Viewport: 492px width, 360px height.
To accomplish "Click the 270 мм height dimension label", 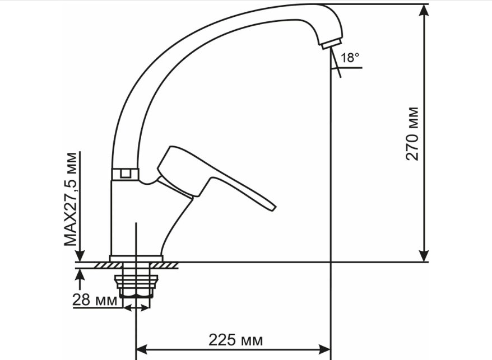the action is point(412,134).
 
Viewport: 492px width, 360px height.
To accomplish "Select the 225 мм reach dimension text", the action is point(236,340).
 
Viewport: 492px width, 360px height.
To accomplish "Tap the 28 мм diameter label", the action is point(95,300).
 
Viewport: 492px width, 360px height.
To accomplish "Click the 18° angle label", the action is point(350,58).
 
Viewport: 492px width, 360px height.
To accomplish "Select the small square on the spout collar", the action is point(126,174).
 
